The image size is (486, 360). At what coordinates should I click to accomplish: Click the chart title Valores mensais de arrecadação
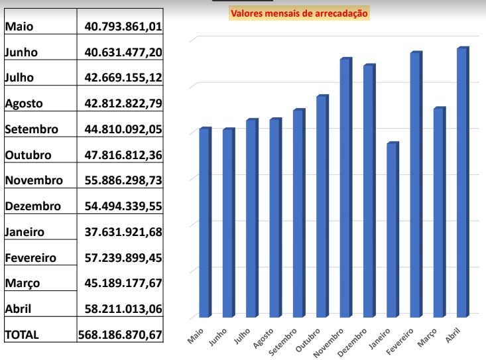[299, 12]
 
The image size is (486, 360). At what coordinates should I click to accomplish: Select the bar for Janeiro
[393, 229]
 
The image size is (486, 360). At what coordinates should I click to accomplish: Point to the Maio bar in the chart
[205, 221]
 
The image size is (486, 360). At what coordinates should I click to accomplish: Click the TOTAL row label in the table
[22, 335]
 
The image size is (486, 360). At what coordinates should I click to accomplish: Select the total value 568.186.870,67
[120, 335]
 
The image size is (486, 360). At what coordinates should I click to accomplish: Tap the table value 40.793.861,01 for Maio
[124, 27]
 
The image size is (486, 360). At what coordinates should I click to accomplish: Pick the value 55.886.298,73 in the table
[124, 180]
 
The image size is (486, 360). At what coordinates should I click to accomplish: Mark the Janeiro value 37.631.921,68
[124, 232]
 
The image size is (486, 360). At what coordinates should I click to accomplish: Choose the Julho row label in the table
[19, 78]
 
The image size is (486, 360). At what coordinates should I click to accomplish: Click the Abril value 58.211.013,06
[124, 309]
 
